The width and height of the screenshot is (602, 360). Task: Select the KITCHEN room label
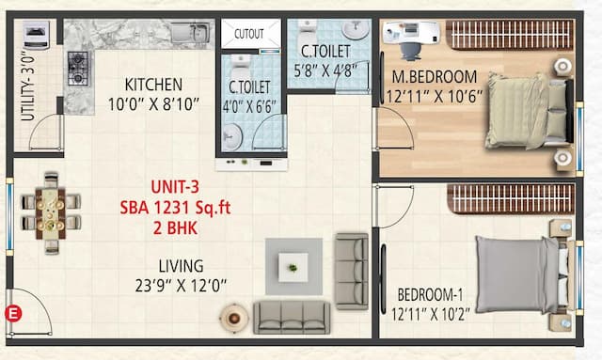point(153,85)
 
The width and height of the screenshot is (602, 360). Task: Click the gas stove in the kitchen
point(78,68)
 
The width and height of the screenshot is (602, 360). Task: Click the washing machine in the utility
point(38,36)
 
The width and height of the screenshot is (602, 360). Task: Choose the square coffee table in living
point(293,266)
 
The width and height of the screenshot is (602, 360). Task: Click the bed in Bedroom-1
point(520,274)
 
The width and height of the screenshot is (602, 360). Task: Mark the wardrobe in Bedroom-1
point(509,198)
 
